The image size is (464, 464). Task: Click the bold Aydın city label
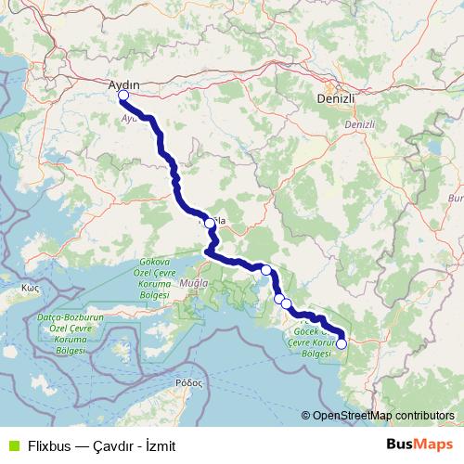(123, 84)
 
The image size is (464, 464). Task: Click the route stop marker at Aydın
(123, 95)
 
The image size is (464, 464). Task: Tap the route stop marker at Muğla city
(210, 223)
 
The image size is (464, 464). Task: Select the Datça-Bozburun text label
(63, 318)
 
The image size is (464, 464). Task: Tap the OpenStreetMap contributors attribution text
(384, 416)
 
